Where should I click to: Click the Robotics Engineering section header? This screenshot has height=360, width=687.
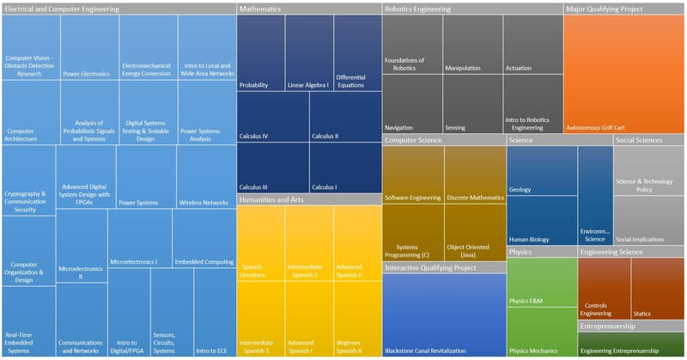click(x=417, y=9)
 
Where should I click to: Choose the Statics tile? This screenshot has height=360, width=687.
click(x=657, y=289)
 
